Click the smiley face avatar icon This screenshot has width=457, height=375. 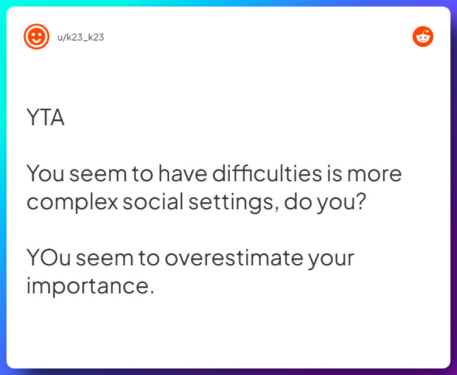(x=37, y=37)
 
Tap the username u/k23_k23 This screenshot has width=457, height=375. (x=81, y=37)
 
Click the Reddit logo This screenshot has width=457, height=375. (x=423, y=37)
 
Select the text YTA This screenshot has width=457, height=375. (x=46, y=117)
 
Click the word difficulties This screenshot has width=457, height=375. (x=267, y=173)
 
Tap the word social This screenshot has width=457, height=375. (x=153, y=202)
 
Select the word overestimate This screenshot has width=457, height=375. (x=234, y=258)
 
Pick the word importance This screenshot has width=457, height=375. (x=87, y=287)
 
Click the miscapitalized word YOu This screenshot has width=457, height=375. (x=48, y=258)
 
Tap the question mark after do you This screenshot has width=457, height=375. (x=360, y=202)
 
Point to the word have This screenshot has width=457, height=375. (x=183, y=173)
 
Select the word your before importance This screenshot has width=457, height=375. (x=331, y=260)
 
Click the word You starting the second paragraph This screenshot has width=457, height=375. (x=45, y=173)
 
